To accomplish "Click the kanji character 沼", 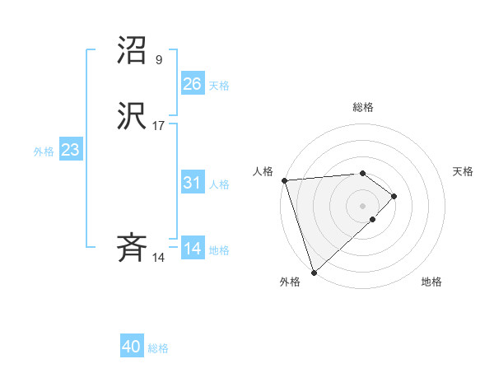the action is pyautogui.click(x=133, y=50).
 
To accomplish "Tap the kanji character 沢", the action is pyautogui.click(x=133, y=116).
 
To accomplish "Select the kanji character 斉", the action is pyautogui.click(x=133, y=248).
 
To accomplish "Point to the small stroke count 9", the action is pyautogui.click(x=158, y=60).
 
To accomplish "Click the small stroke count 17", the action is pyautogui.click(x=159, y=126).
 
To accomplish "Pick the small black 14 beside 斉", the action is pyautogui.click(x=159, y=258).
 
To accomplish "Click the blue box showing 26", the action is pyautogui.click(x=192, y=84).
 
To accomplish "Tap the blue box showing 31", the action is pyautogui.click(x=192, y=183).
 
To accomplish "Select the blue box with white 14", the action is pyautogui.click(x=192, y=249).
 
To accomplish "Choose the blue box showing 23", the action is pyautogui.click(x=70, y=150).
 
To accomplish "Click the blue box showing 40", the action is pyautogui.click(x=132, y=347).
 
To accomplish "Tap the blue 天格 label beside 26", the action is pyautogui.click(x=219, y=86).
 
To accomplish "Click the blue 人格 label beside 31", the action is pyautogui.click(x=219, y=184).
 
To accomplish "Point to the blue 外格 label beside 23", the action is pyautogui.click(x=44, y=152).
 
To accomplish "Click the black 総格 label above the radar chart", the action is pyautogui.click(x=362, y=107).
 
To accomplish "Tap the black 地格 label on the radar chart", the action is pyautogui.click(x=431, y=282).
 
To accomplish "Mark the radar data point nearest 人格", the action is pyautogui.click(x=284, y=180).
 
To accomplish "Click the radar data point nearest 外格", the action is pyautogui.click(x=313, y=272).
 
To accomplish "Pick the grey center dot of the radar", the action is pyautogui.click(x=362, y=205).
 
